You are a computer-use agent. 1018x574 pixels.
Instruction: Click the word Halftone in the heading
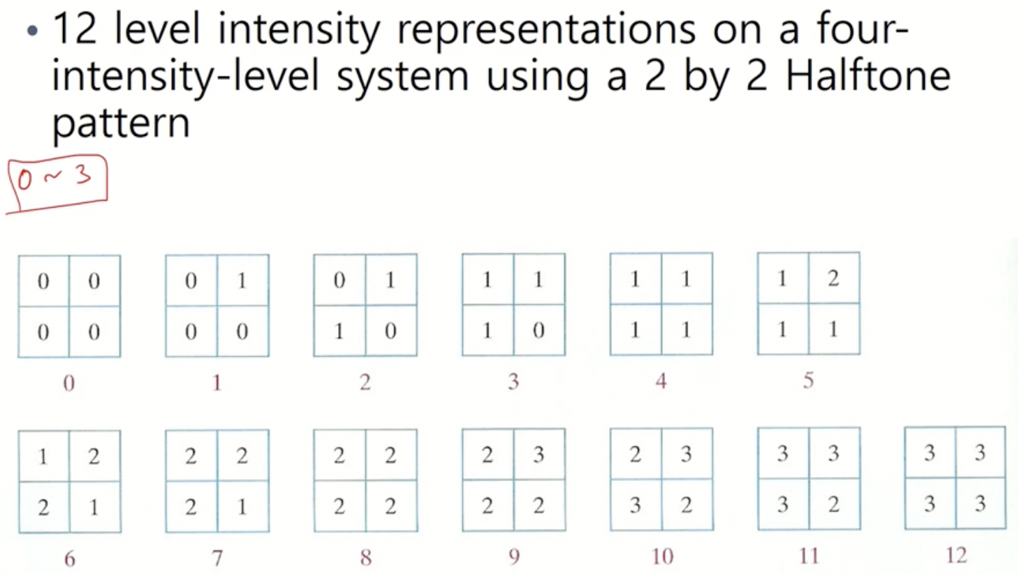(x=867, y=75)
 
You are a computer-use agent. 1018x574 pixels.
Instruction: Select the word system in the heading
(x=402, y=77)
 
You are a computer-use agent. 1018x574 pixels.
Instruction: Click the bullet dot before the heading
(x=32, y=31)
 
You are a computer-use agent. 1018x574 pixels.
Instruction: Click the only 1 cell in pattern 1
(x=242, y=281)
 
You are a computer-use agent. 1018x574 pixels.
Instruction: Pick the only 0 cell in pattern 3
(x=538, y=331)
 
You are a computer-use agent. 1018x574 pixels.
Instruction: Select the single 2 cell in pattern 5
(x=833, y=279)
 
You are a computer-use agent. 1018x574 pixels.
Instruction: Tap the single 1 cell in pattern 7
(x=242, y=506)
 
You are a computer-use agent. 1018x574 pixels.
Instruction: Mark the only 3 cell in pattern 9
(x=538, y=454)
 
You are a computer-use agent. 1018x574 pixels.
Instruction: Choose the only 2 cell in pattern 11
(x=833, y=504)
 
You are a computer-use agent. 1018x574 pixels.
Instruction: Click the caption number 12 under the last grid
(x=956, y=556)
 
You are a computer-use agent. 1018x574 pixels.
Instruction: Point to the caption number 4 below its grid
(x=661, y=381)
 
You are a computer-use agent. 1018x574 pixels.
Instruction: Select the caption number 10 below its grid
(x=662, y=556)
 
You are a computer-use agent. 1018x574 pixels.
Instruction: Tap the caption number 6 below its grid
(x=69, y=559)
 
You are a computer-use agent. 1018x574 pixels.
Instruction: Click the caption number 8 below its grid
(x=365, y=558)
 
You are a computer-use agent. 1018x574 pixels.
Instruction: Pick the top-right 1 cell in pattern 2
(x=390, y=280)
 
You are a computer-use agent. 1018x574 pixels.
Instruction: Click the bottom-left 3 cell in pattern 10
(x=636, y=505)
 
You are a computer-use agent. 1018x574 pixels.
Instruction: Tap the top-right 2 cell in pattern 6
(x=94, y=456)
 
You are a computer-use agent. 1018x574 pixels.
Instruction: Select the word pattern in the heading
(x=120, y=123)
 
